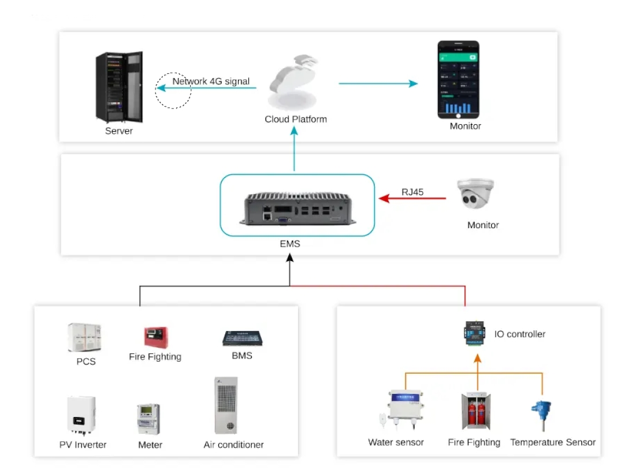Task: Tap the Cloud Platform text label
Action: pos(296,120)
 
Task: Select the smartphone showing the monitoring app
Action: pos(458,80)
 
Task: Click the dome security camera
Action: pos(475,194)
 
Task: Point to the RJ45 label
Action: pos(413,192)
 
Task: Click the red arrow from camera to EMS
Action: pos(412,199)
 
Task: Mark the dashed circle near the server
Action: pos(173,91)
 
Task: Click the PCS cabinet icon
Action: pos(84,338)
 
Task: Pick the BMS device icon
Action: pos(241,338)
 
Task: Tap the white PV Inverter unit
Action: pos(81,414)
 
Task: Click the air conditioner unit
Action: pos(226,406)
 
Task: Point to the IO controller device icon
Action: pos(476,333)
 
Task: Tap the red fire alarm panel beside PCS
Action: pos(155,337)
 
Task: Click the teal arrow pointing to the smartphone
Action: pos(378,84)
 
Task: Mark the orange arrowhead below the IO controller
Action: pos(477,358)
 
